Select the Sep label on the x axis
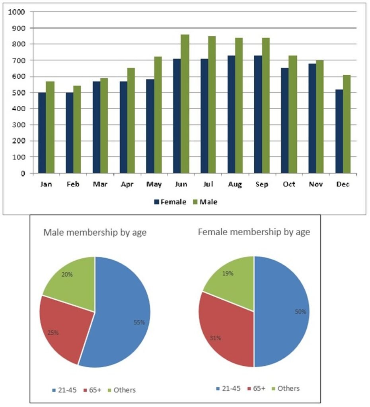pyautogui.click(x=261, y=184)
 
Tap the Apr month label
pyautogui.click(x=127, y=184)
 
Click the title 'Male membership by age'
pyautogui.click(x=95, y=233)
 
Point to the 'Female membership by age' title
pyautogui.click(x=254, y=232)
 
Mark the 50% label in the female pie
pyautogui.click(x=300, y=312)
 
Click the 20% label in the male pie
pyautogui.click(x=67, y=274)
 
